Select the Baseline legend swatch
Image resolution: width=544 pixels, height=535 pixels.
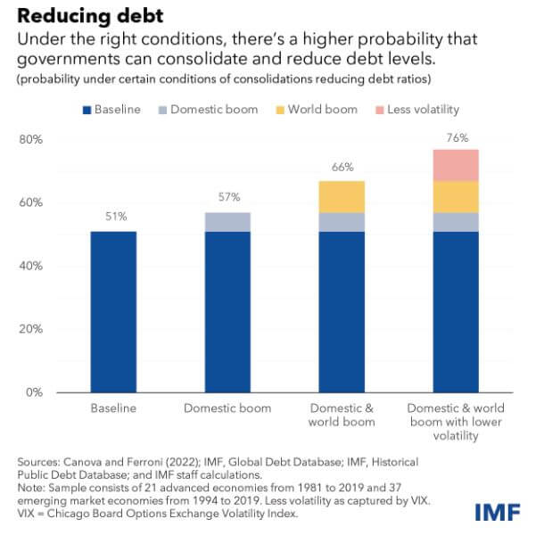(x=87, y=110)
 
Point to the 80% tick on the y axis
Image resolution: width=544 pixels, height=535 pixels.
(x=32, y=140)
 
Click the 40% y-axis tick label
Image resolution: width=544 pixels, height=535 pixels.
(x=32, y=266)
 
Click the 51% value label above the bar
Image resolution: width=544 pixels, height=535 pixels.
(x=114, y=216)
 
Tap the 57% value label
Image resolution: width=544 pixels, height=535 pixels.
(x=228, y=198)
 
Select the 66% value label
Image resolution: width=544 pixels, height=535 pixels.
(x=342, y=167)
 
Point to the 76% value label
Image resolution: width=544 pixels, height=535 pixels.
(x=457, y=137)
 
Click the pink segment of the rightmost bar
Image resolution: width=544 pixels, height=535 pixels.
(x=457, y=165)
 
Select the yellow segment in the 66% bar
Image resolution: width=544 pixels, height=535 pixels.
(x=342, y=196)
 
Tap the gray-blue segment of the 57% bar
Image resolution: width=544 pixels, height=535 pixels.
(x=228, y=222)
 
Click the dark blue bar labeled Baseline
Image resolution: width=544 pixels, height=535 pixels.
(x=114, y=312)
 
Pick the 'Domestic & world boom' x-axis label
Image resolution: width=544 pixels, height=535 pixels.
(x=342, y=415)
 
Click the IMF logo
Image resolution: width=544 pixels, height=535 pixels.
(x=494, y=512)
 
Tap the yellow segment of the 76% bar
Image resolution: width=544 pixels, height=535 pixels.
(x=457, y=196)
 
